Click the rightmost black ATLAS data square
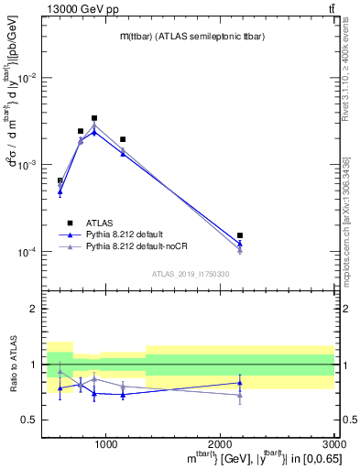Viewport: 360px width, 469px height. (x=240, y=235)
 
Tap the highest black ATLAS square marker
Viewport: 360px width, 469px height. (x=94, y=118)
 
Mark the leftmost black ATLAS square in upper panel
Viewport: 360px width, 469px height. (x=60, y=181)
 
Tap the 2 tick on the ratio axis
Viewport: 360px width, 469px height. (x=34, y=310)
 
